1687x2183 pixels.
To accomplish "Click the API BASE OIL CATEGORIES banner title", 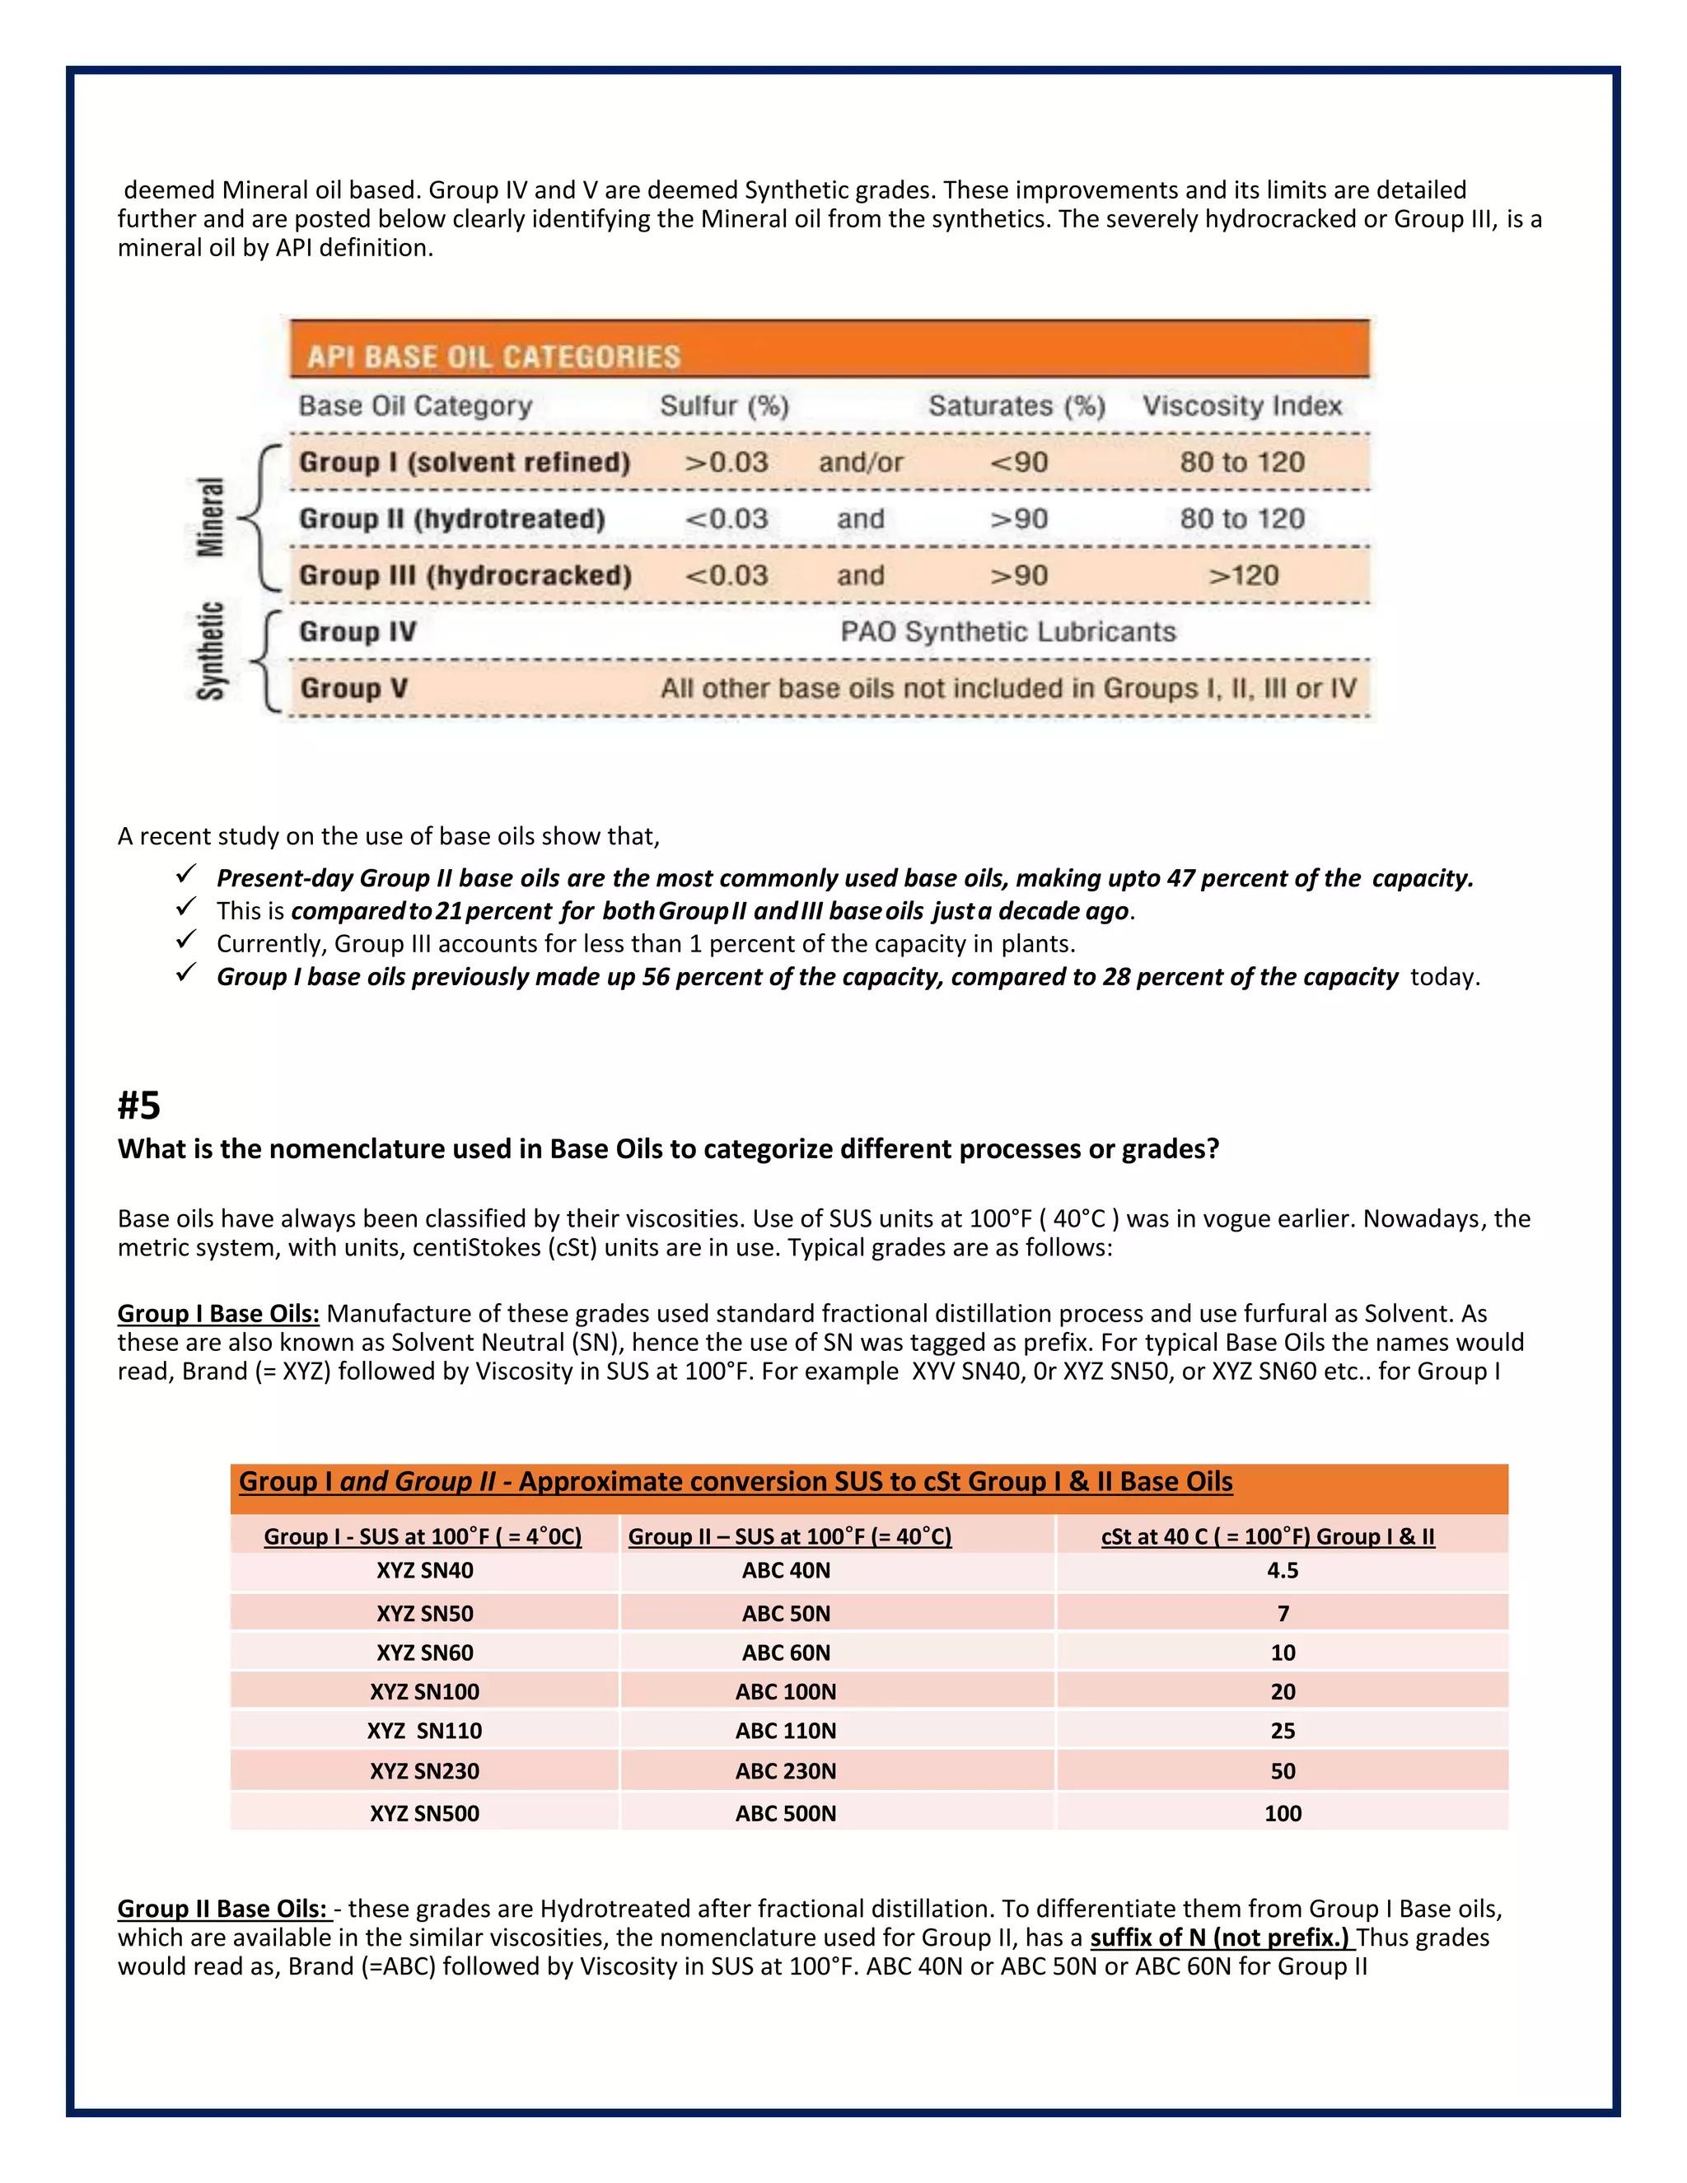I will (493, 357).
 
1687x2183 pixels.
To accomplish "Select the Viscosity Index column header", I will (1241, 406).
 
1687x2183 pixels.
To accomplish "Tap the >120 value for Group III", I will (1243, 576).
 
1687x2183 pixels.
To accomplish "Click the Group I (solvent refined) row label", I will (465, 463).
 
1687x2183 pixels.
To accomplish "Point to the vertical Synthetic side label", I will (211, 651).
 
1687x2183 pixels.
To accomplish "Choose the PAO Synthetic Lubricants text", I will (1007, 632).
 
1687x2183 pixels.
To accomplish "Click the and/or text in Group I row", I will (861, 463).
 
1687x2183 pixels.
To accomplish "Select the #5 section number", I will (139, 1106).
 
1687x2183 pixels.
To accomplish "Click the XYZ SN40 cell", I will (425, 1570).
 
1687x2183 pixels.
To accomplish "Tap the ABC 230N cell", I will (786, 1771).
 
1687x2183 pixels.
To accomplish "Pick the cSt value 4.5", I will (1283, 1570).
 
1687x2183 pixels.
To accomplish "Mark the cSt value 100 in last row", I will (1283, 1813).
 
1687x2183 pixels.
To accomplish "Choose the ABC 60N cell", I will (786, 1652).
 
